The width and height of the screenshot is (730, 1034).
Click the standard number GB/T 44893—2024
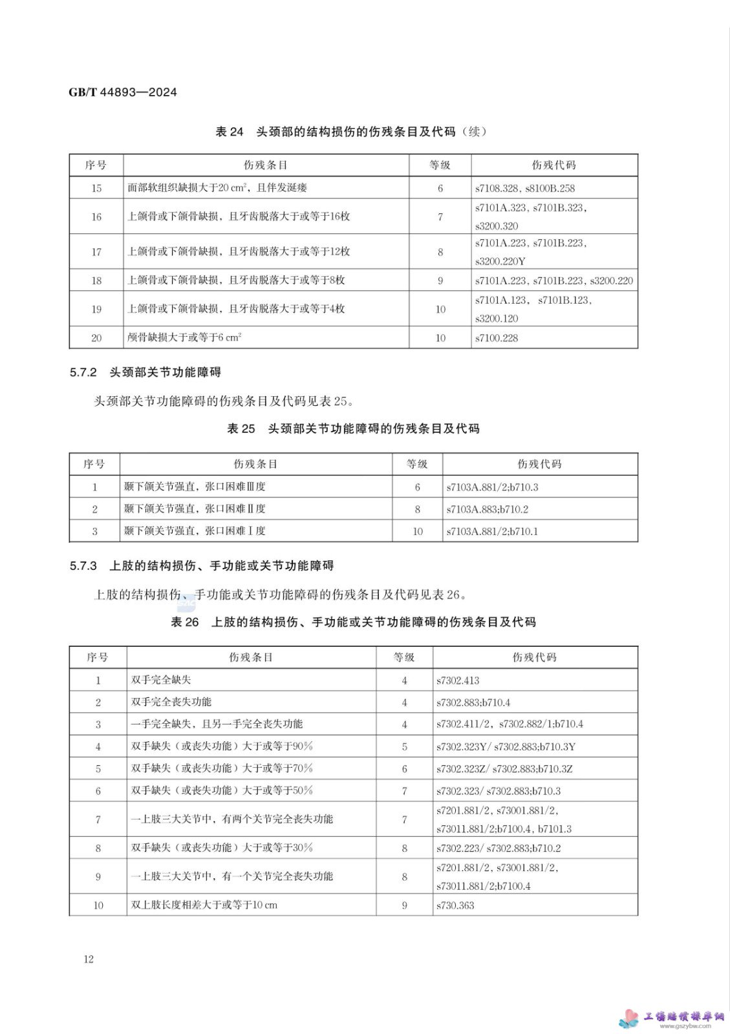tap(123, 92)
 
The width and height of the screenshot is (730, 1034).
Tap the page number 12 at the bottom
tap(89, 959)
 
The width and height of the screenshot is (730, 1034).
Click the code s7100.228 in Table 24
tap(497, 338)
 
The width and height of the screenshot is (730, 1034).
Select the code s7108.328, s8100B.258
tap(524, 188)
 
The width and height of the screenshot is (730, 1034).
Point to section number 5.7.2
tap(83, 372)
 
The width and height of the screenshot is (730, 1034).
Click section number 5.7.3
tap(83, 566)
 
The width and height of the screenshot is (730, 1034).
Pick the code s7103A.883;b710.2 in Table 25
tap(487, 509)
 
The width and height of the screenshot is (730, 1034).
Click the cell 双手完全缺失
tap(161, 680)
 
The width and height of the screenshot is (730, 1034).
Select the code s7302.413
tap(458, 681)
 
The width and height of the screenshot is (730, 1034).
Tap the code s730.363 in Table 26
tap(455, 905)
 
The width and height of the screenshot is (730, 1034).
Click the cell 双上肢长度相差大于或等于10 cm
tap(204, 905)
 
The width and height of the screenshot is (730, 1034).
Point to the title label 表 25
tap(241, 428)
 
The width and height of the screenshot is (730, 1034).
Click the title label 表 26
tap(185, 622)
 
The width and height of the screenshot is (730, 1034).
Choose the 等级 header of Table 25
tap(417, 464)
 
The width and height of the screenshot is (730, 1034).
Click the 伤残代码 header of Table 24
tap(553, 165)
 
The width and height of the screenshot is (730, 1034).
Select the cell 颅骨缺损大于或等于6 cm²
tap(184, 337)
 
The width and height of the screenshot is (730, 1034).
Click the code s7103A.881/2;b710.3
tap(492, 487)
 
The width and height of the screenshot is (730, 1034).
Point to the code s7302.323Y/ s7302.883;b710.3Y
tap(506, 747)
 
